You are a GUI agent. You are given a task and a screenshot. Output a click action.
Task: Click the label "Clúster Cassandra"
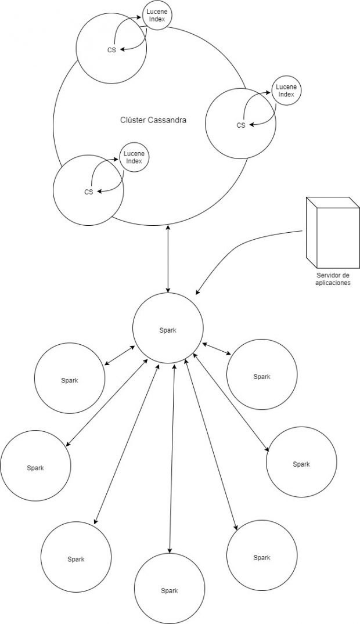coord(153,120)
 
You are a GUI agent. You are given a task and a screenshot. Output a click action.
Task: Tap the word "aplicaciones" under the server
coord(333,283)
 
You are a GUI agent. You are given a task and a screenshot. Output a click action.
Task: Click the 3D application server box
coord(333,232)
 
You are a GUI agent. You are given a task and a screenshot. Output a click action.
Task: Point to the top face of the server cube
coord(333,202)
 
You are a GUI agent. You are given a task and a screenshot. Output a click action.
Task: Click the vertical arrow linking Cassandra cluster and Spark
coord(168,259)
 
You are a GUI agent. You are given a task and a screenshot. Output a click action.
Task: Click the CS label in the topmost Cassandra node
coord(111,50)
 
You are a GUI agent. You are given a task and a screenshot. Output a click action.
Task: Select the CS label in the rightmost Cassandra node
coord(241,125)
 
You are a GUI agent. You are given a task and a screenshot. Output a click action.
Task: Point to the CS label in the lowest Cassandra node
coord(89,192)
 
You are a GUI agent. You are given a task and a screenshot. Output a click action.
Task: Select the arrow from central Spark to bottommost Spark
coord(172,458)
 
